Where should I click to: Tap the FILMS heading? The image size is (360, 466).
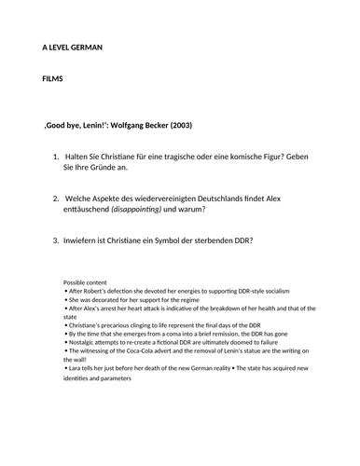(x=55, y=81)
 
